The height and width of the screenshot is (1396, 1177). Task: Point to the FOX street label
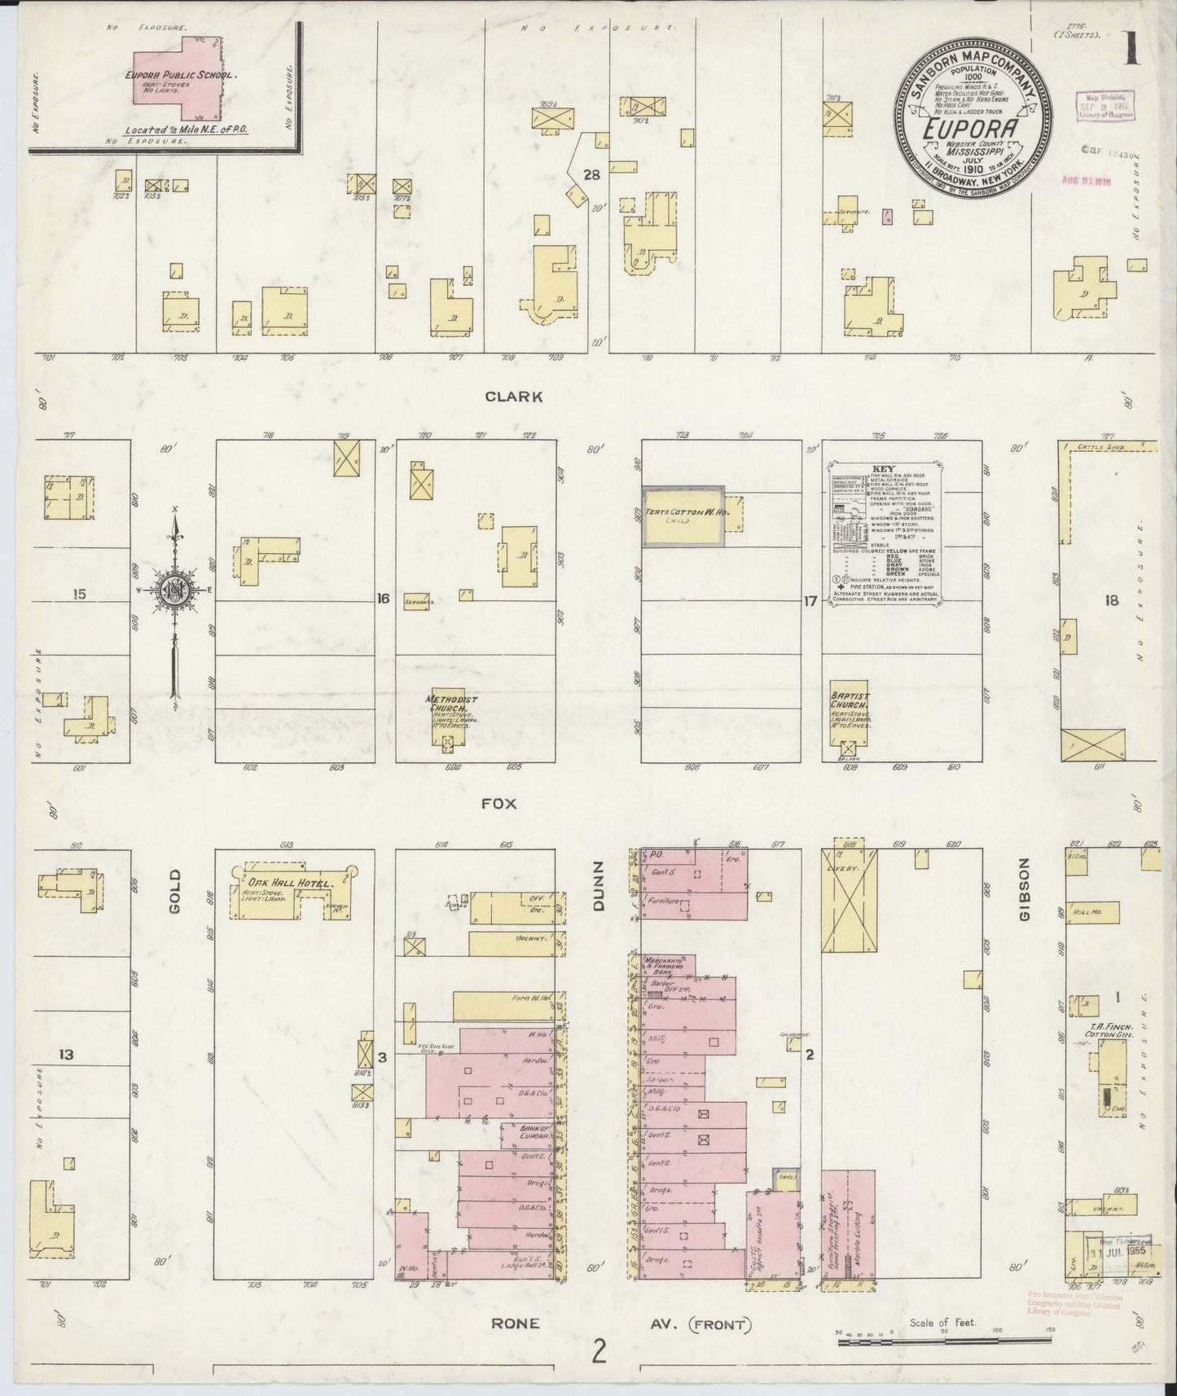click(499, 803)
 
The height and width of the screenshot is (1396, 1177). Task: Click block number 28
click(591, 174)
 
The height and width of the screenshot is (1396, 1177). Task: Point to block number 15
click(78, 595)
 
